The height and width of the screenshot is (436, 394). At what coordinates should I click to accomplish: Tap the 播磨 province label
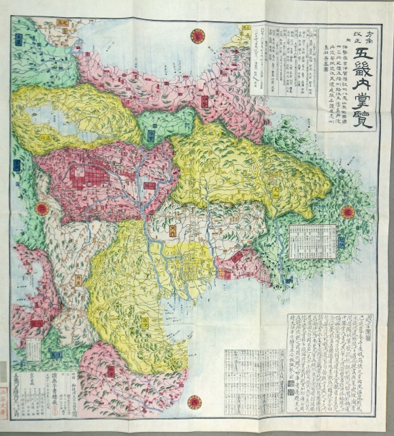tap(35, 323)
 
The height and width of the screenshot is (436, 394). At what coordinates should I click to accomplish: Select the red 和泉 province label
tap(110, 370)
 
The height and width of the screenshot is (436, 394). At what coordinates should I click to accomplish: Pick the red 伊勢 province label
tap(237, 257)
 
